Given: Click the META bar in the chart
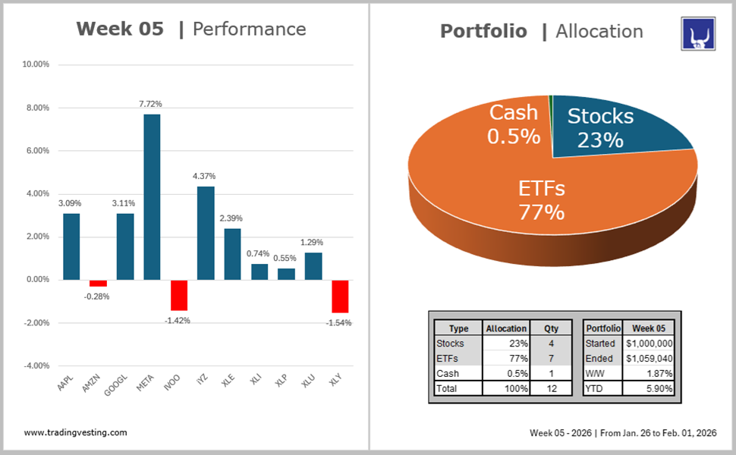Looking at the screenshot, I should pyautogui.click(x=152, y=196).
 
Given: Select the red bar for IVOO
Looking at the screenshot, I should pyautogui.click(x=178, y=295).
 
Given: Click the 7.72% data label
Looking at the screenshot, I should pyautogui.click(x=150, y=104).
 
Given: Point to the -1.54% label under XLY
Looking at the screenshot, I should pyautogui.click(x=340, y=323).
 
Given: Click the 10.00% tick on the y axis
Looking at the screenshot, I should pyautogui.click(x=36, y=65).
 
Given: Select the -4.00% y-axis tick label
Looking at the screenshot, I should pyautogui.click(x=36, y=366).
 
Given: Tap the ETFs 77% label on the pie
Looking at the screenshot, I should pyautogui.click(x=542, y=199).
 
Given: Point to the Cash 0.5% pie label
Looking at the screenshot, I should pyautogui.click(x=514, y=124).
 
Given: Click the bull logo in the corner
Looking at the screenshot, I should pyautogui.click(x=698, y=35).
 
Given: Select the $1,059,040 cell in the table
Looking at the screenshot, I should pyautogui.click(x=649, y=359).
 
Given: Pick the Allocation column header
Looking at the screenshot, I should pyautogui.click(x=506, y=328).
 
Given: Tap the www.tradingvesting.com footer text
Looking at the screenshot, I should pyautogui.click(x=75, y=432).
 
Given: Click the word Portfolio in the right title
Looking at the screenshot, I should pyautogui.click(x=483, y=31).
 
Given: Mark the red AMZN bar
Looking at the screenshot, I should pyautogui.click(x=98, y=283).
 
